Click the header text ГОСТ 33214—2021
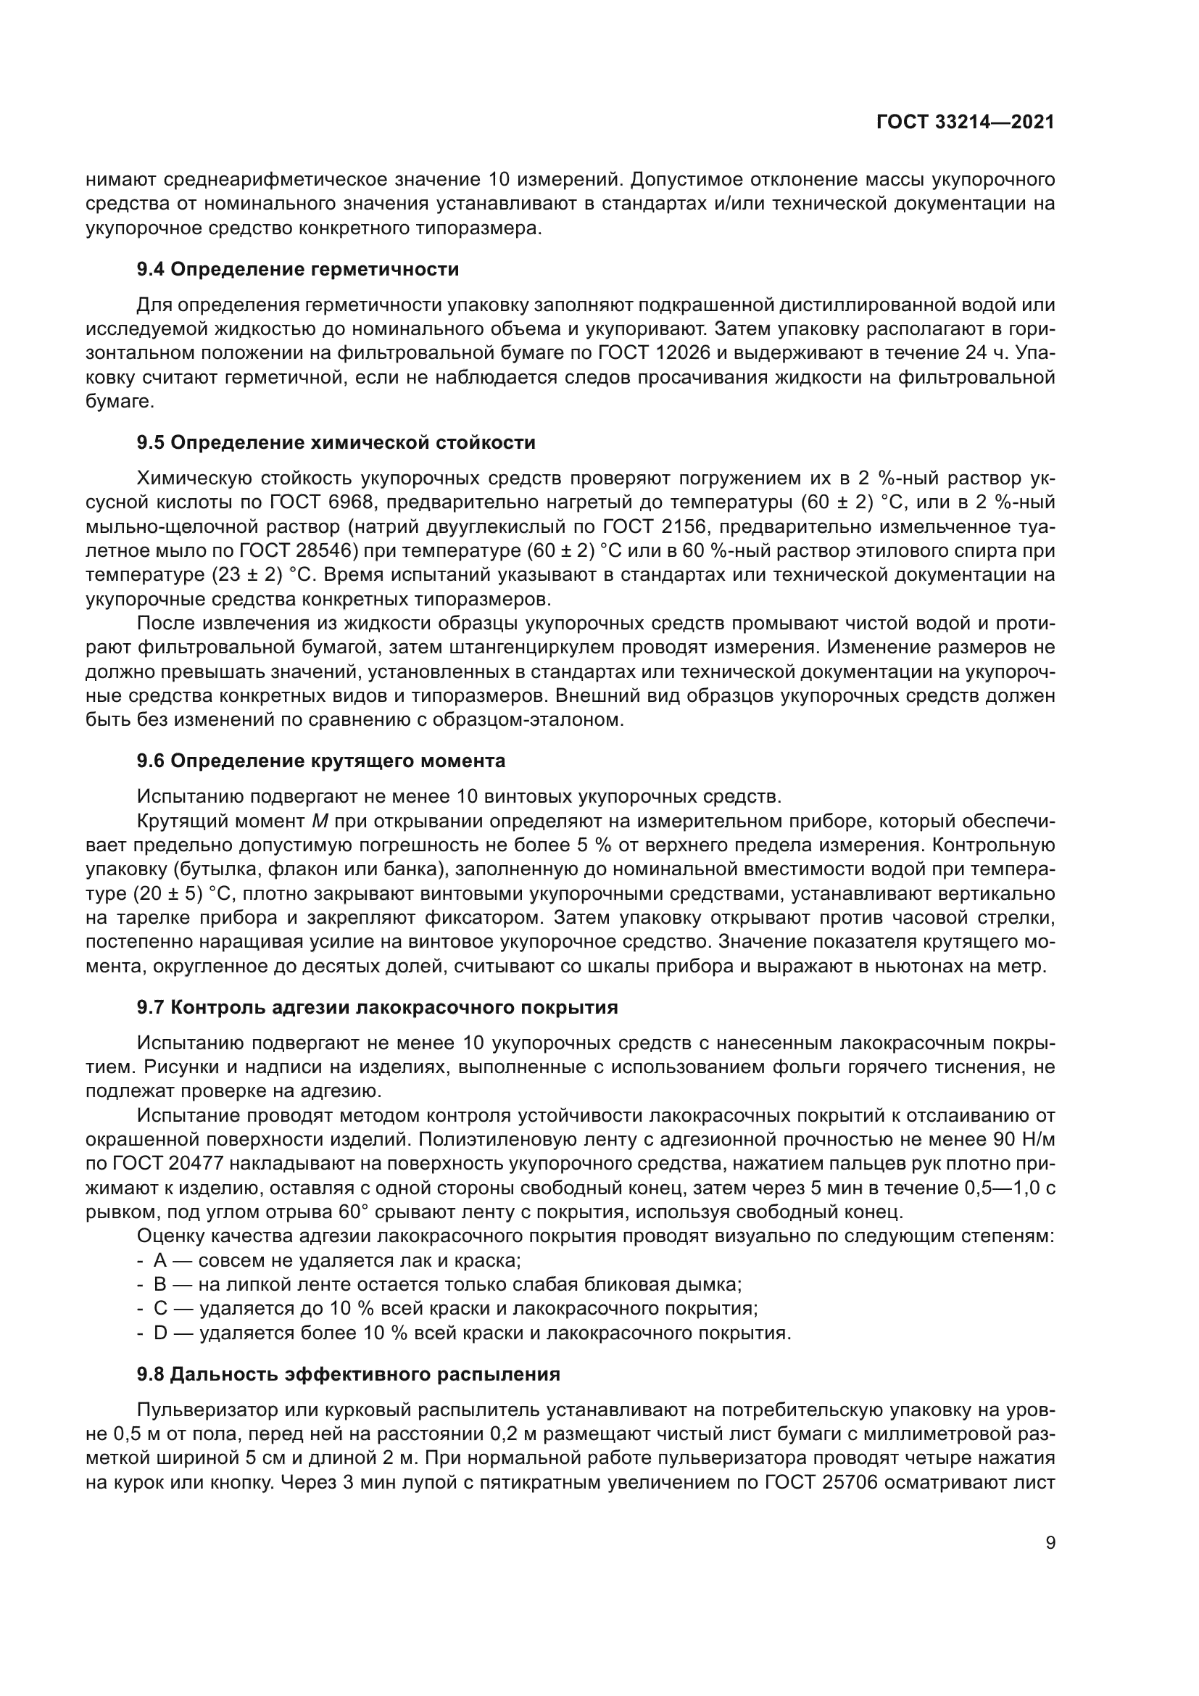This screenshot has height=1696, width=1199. [965, 122]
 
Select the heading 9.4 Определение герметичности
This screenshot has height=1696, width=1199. [297, 270]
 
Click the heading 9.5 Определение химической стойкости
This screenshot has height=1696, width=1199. [336, 443]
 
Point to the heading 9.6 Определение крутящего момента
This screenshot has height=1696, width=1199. [321, 761]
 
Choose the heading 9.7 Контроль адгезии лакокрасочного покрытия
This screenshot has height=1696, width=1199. [377, 1008]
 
